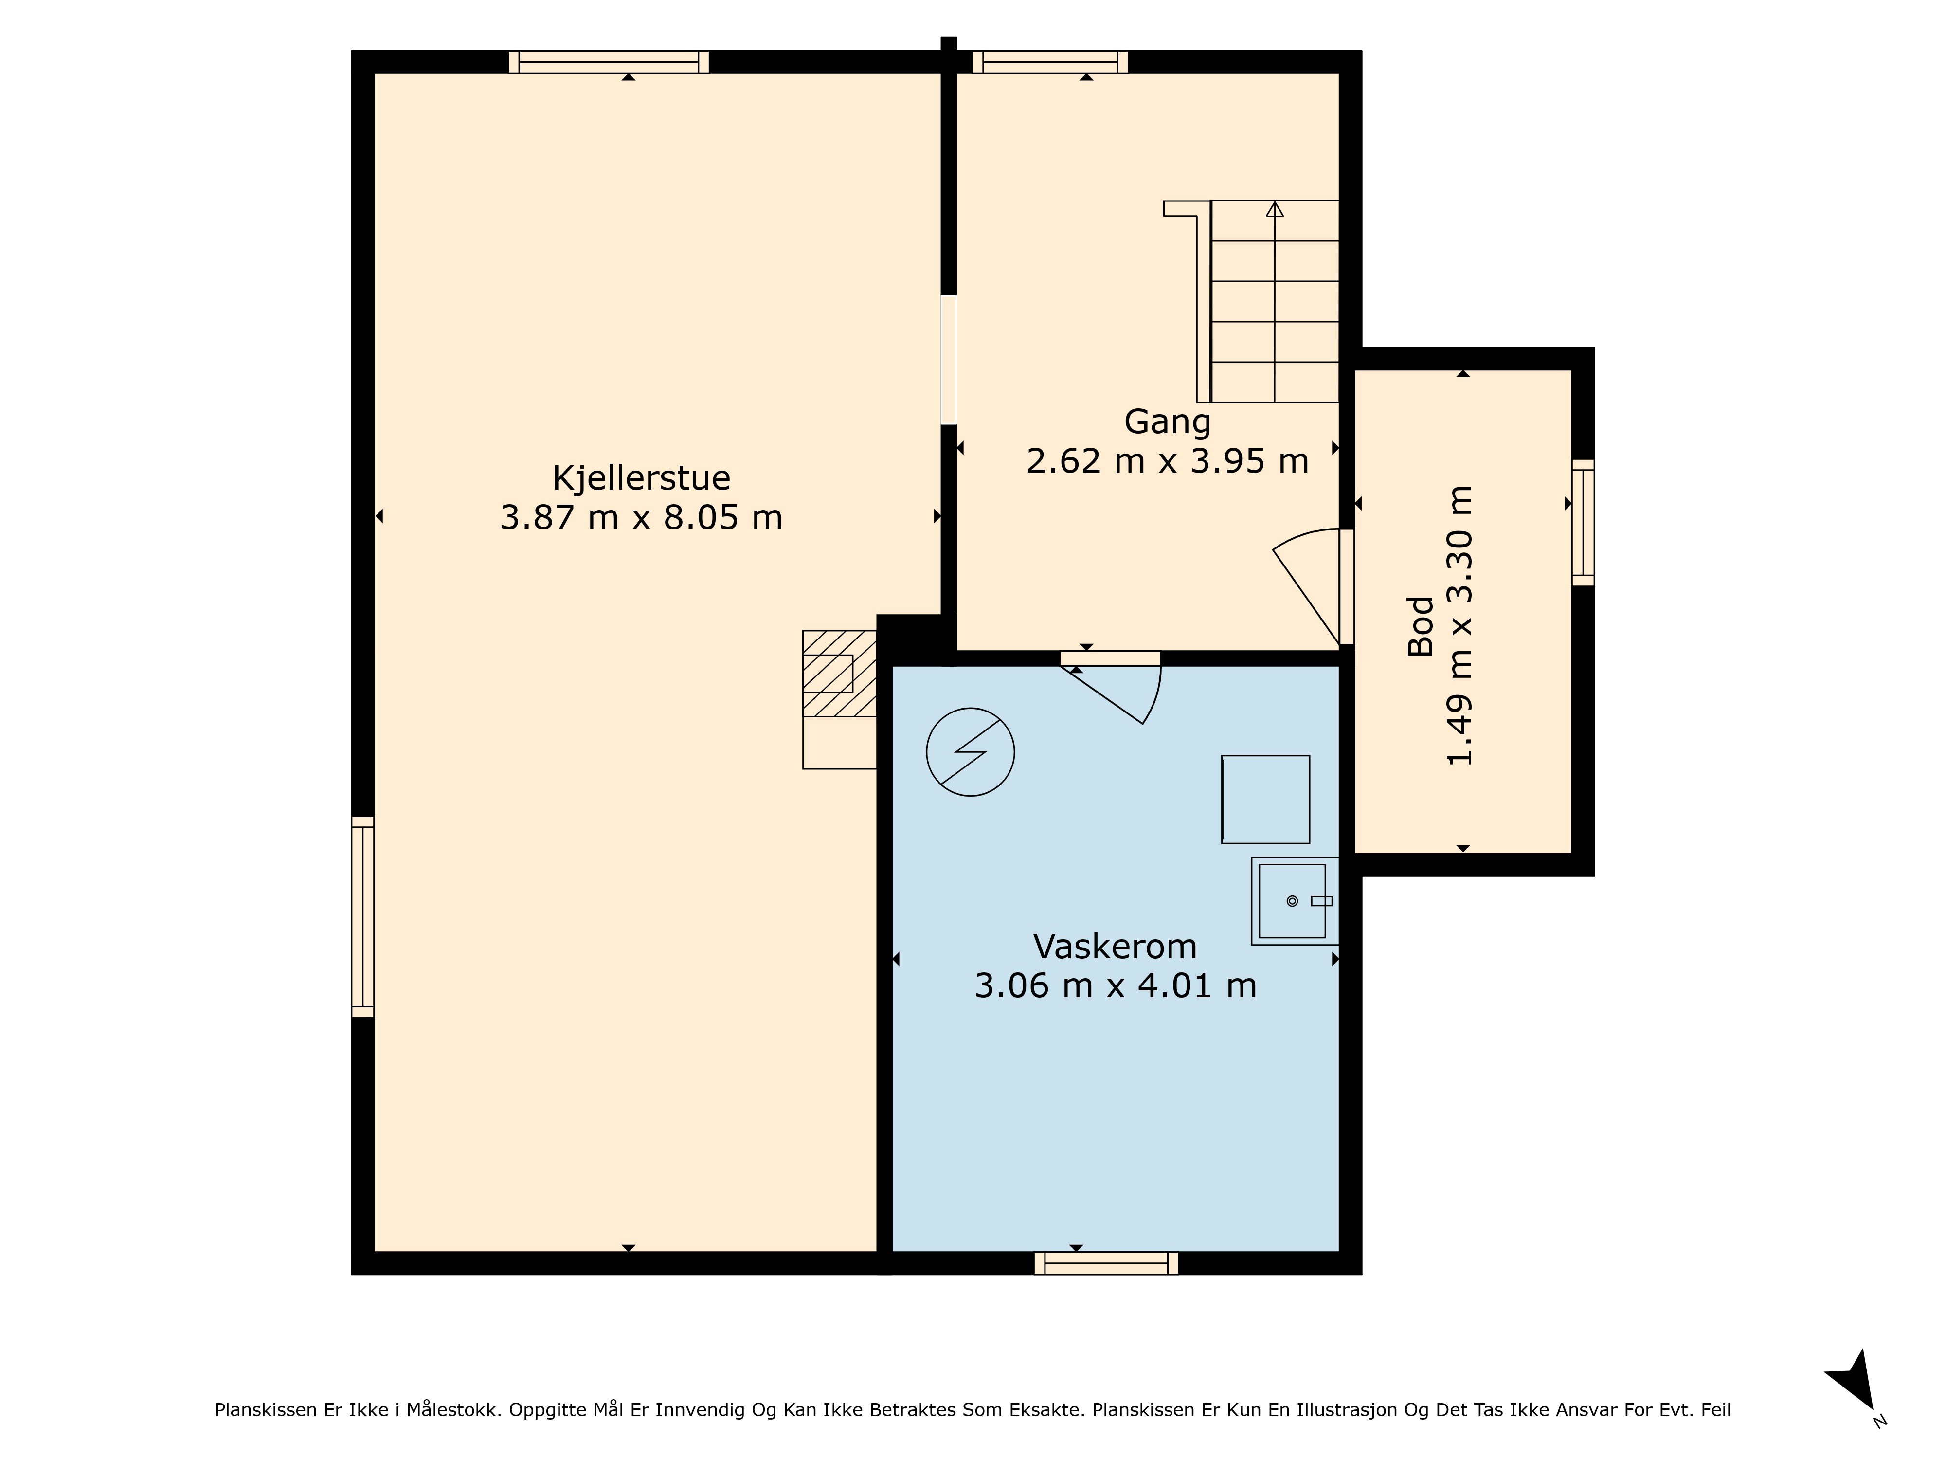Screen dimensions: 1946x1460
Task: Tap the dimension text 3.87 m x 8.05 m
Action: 641,517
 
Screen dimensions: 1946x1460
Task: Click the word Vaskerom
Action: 1115,947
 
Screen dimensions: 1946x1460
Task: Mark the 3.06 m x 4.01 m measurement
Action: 1115,985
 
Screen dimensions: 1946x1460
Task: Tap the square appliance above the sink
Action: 1265,799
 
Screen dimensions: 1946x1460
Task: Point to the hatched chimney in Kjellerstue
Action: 839,673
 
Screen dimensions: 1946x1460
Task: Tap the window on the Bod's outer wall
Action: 1583,522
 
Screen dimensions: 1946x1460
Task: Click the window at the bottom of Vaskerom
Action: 1106,1263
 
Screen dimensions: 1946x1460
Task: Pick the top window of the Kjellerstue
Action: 609,62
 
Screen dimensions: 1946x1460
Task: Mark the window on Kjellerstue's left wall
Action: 362,917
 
